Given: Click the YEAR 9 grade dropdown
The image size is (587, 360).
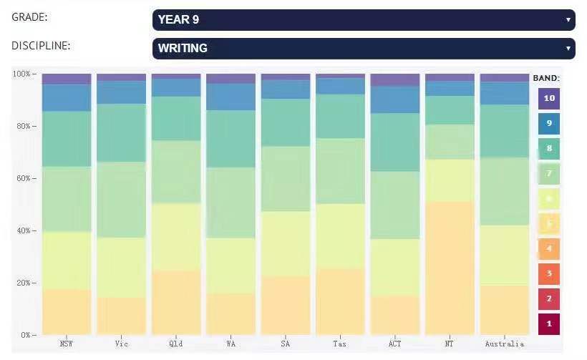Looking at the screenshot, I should [x=363, y=20].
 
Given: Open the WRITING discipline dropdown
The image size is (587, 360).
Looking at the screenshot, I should [x=363, y=49].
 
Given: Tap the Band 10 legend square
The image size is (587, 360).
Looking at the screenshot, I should [x=549, y=99].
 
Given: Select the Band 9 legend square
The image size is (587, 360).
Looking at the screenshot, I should [x=549, y=124].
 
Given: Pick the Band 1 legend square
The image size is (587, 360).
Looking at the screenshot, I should [x=549, y=323].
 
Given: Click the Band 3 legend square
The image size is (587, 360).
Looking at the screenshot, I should [x=549, y=273].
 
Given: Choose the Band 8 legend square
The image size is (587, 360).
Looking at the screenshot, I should [x=549, y=149].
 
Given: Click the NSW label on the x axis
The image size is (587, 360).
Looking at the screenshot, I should [x=67, y=344].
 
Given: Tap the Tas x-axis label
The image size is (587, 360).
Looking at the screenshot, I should [x=340, y=344].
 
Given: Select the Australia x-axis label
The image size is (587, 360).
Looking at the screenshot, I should [x=504, y=344].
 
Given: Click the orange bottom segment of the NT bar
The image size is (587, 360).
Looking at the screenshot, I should [x=450, y=268].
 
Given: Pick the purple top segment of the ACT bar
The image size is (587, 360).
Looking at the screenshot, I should [x=395, y=79].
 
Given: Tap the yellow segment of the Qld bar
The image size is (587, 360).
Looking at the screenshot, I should [x=176, y=237].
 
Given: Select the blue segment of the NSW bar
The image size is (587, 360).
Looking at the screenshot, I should [x=67, y=97].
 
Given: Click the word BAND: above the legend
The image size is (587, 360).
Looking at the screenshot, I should [x=546, y=77].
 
